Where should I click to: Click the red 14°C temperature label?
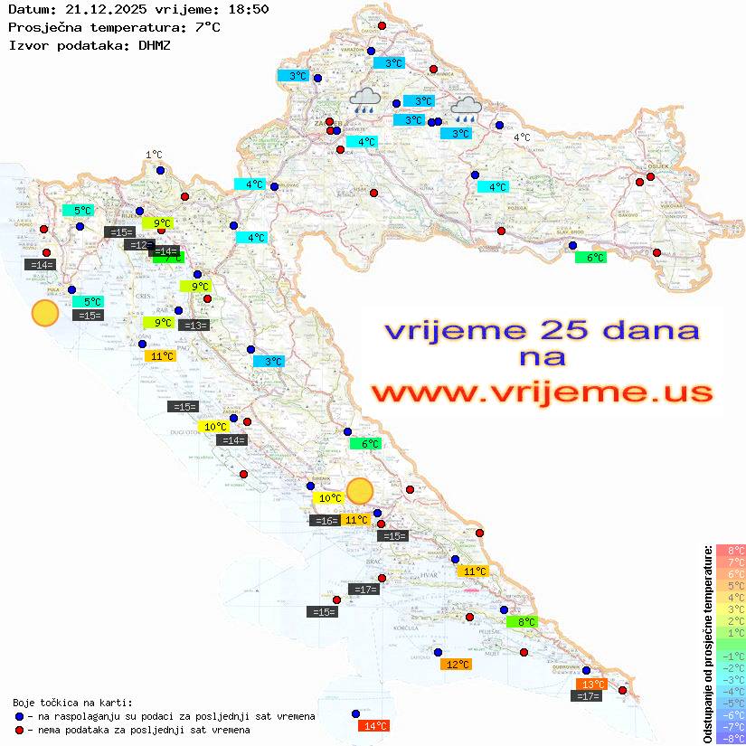point(373,725)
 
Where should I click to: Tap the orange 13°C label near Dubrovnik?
point(591,684)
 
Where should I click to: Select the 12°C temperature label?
point(456,664)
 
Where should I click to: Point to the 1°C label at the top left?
point(154,155)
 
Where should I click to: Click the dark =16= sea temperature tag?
point(325,520)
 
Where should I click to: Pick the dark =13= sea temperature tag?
point(194,325)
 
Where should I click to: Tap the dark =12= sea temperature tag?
point(139,244)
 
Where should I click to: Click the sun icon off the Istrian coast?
point(44,313)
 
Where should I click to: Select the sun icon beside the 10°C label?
point(360,490)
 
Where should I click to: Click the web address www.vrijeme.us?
point(542,392)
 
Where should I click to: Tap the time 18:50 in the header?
point(246,9)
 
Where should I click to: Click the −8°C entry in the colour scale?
point(730,738)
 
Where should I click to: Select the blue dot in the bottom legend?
point(19,716)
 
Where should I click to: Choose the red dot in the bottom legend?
point(19,730)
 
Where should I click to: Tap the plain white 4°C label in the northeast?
point(522,137)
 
